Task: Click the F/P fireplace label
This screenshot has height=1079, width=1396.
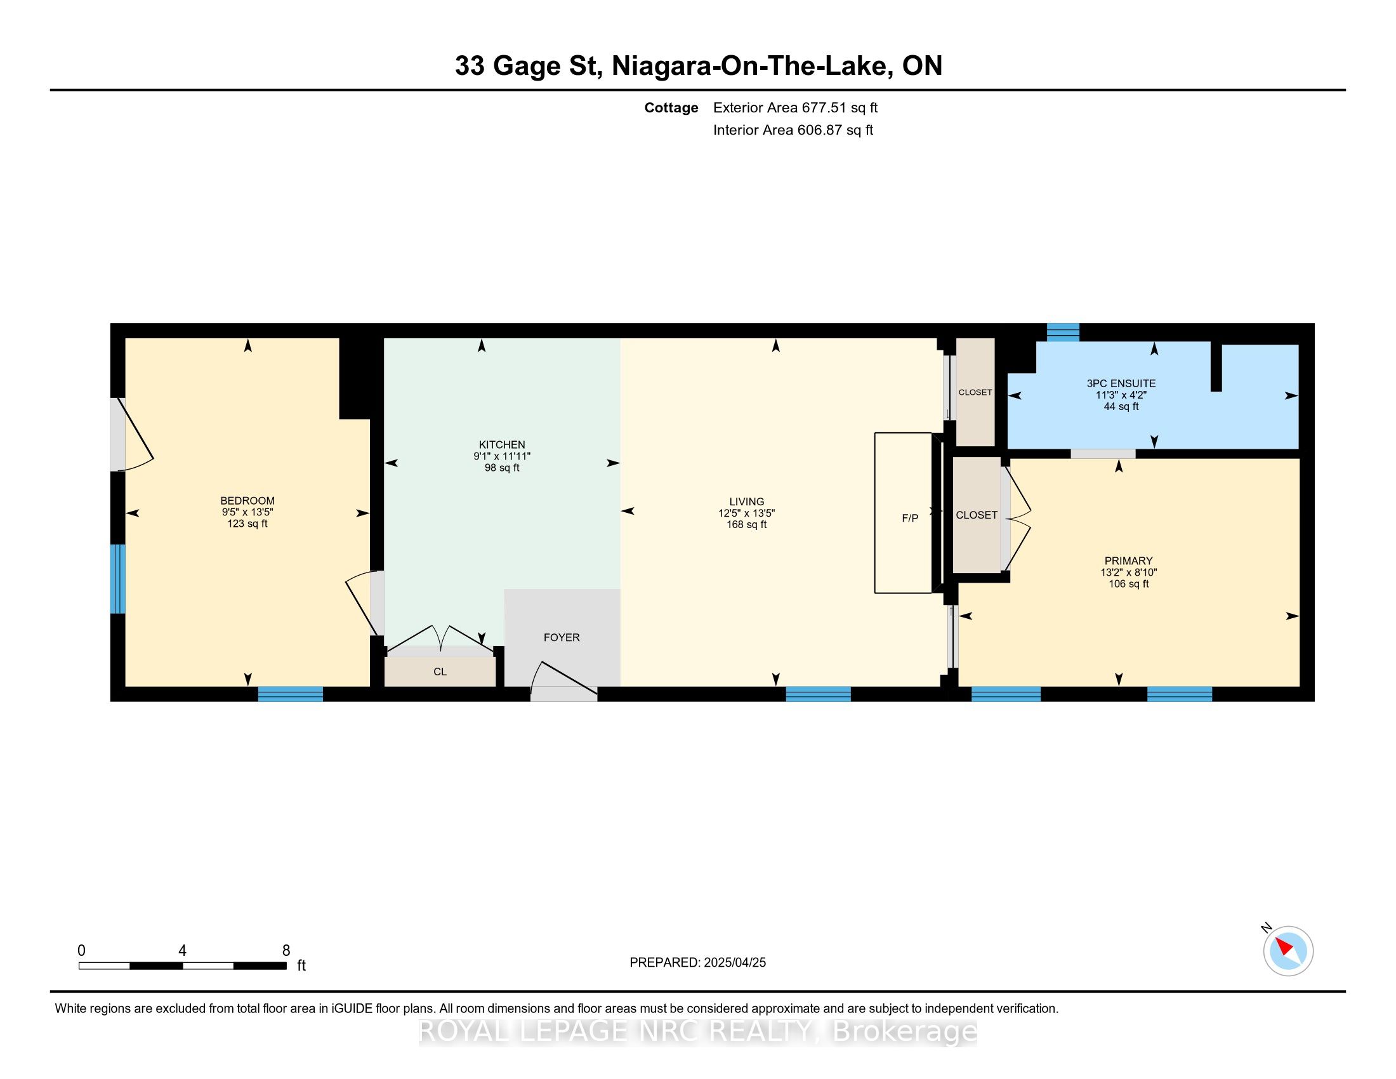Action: pos(909,518)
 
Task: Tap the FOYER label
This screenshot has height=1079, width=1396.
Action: pos(562,637)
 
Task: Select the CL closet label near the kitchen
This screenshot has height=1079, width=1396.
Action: pos(440,672)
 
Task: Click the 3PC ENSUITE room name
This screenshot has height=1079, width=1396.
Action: pos(1121,383)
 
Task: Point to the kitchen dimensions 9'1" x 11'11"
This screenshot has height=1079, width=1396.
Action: pos(502,456)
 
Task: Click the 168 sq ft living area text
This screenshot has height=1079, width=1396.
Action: pos(746,525)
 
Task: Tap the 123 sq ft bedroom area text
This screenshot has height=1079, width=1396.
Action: pos(247,524)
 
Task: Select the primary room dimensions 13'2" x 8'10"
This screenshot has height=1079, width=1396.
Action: pos(1128,573)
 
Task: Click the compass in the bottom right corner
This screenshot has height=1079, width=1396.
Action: pos(1288,951)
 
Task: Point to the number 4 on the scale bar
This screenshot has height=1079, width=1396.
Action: pos(182,951)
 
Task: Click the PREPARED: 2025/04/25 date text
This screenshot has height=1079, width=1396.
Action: pos(697,963)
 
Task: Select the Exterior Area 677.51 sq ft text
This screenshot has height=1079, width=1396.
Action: pos(795,107)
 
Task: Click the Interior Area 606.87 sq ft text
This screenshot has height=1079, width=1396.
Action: pos(793,129)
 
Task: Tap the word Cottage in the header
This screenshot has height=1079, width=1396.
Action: pos(671,107)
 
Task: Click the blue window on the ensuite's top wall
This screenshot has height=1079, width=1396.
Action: pos(1063,333)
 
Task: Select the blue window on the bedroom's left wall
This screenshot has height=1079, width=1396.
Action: pos(117,578)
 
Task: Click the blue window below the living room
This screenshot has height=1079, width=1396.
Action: pos(818,694)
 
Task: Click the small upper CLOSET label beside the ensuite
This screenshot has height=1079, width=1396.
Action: pos(975,392)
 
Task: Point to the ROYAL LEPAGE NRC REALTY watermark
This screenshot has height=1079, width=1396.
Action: pos(698,1031)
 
